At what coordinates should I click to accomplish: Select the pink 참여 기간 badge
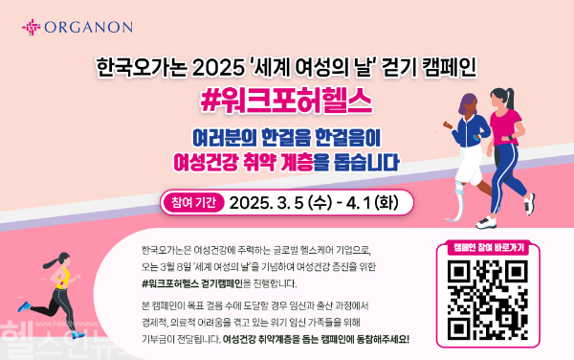[x=193, y=203]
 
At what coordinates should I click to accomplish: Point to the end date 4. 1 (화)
[x=367, y=203]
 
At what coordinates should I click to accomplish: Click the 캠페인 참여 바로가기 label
[x=484, y=247]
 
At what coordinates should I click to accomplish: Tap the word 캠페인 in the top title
[x=449, y=69]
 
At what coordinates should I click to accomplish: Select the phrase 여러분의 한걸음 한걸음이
[x=287, y=135]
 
